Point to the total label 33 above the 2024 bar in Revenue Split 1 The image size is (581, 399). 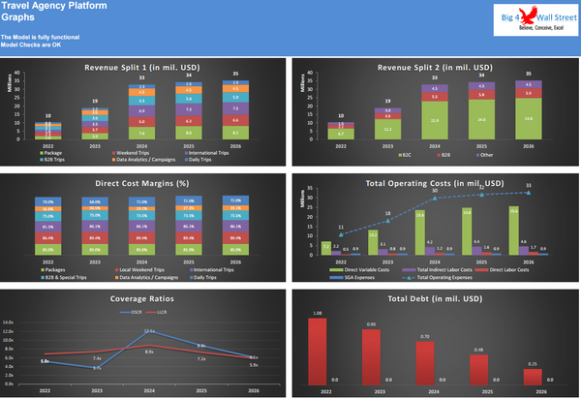(142, 77)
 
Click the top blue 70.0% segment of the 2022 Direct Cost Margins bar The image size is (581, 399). (46, 201)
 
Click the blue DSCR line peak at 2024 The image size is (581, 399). (149, 333)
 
